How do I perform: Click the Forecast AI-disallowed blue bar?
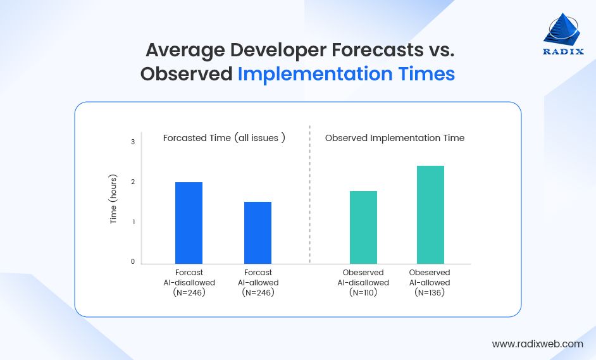click(x=189, y=223)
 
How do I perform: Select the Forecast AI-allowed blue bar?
click(x=258, y=233)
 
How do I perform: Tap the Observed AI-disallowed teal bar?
click(x=363, y=227)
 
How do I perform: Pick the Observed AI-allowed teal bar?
click(x=430, y=214)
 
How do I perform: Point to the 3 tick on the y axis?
click(x=133, y=142)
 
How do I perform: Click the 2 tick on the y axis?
click(x=133, y=182)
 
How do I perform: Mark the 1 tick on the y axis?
click(x=133, y=222)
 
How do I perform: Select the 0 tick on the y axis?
click(x=133, y=262)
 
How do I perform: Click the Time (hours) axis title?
click(x=114, y=199)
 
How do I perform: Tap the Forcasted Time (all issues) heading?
click(x=224, y=138)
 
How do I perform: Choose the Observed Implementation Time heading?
click(x=395, y=138)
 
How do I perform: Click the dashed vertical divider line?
click(x=310, y=193)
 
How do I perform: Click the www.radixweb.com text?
click(x=538, y=344)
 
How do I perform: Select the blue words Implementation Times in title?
click(x=346, y=74)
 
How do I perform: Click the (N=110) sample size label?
click(x=363, y=293)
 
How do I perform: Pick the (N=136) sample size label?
click(x=430, y=293)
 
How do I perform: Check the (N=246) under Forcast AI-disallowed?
click(x=189, y=293)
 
